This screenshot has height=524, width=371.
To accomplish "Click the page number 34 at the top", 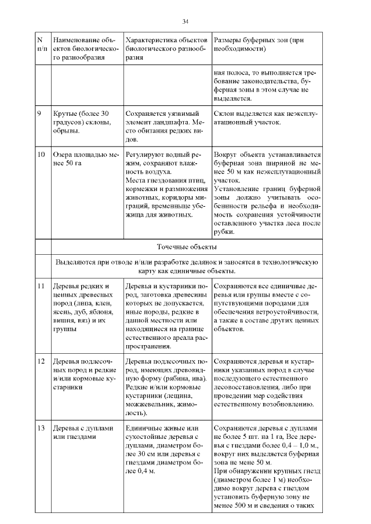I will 185,21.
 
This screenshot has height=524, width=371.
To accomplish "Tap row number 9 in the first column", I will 39,113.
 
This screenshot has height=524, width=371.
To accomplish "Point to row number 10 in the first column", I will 41,155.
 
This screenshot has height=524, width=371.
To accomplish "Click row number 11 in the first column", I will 41,287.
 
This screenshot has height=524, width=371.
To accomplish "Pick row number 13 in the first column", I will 41,428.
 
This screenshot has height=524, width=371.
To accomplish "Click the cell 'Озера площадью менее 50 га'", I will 85,160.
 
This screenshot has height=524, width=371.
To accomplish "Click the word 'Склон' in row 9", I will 225,113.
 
